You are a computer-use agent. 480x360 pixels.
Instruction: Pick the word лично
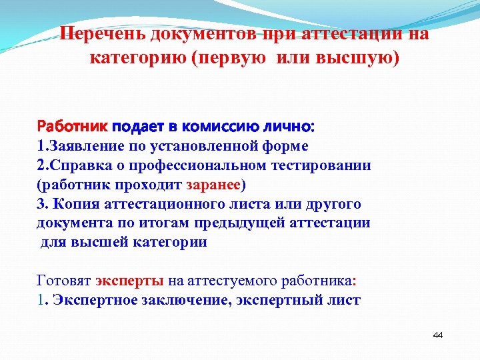point(283,125)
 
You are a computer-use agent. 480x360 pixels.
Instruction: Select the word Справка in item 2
point(79,164)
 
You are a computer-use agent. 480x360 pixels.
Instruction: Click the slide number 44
point(438,335)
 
